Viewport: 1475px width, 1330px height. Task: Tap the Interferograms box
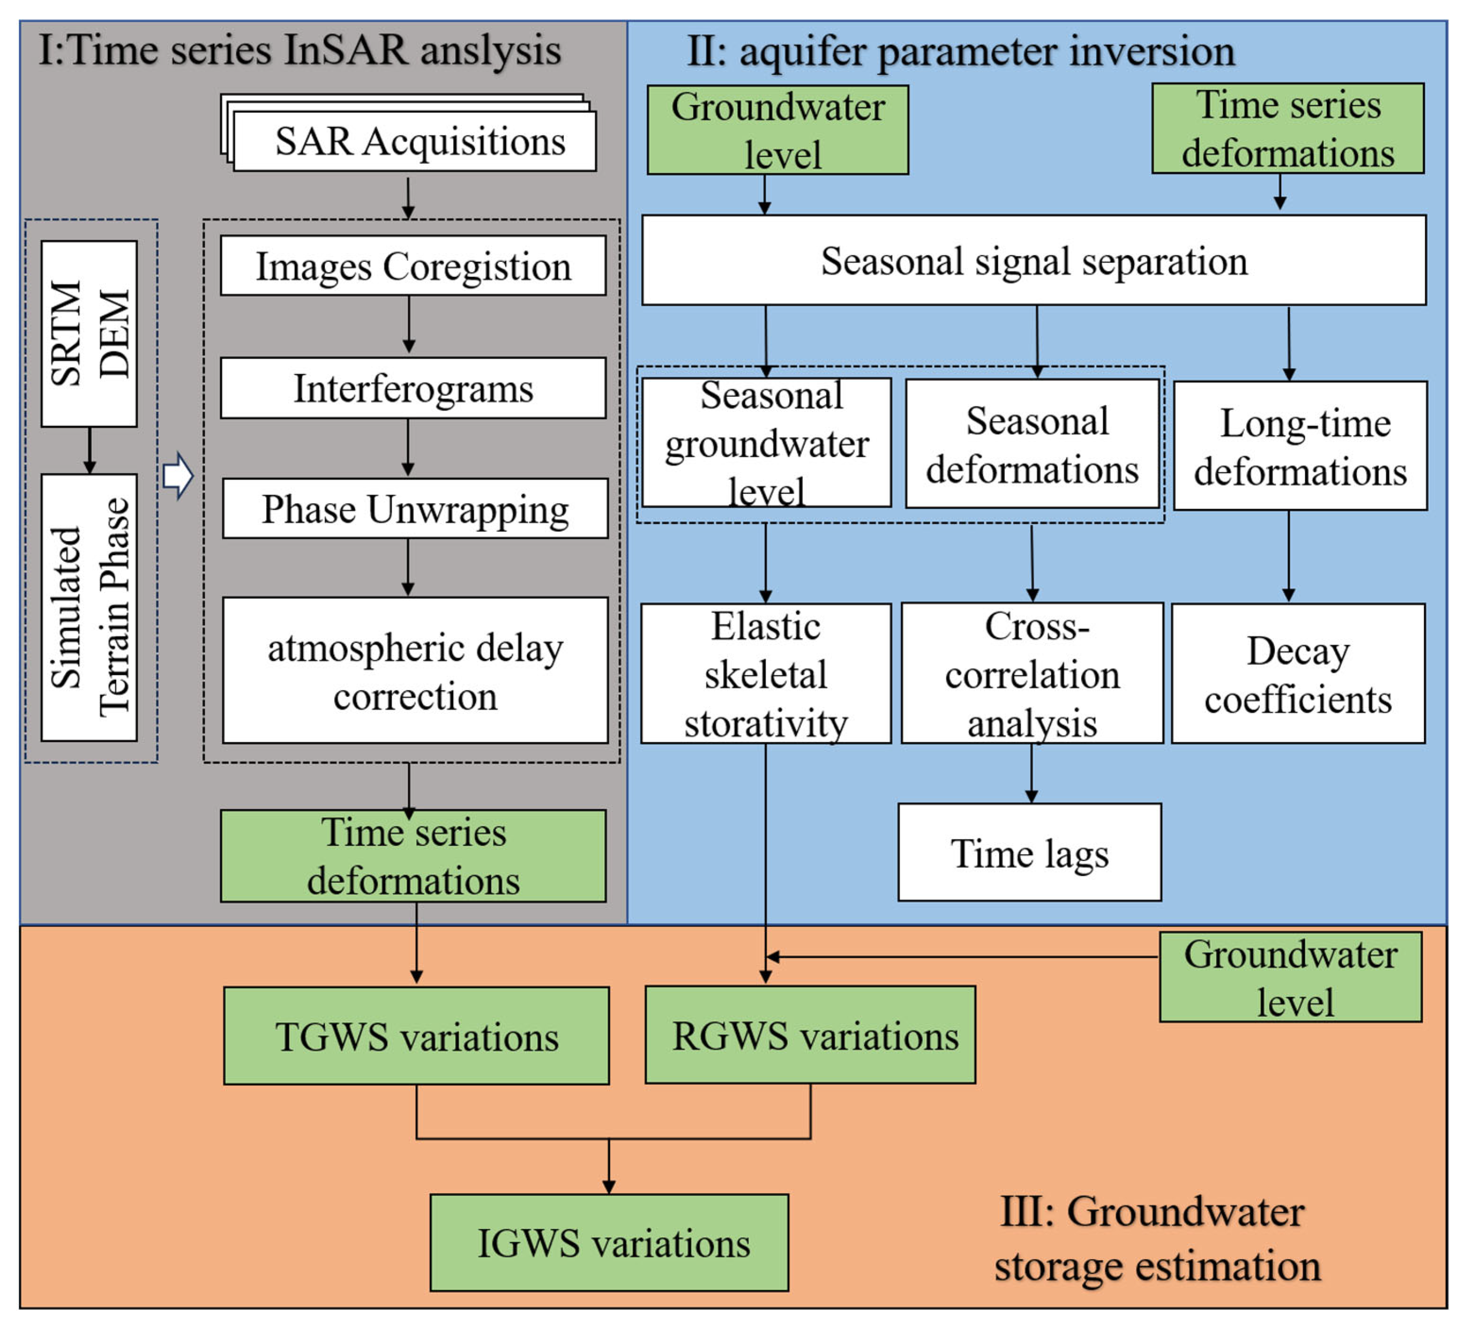point(413,388)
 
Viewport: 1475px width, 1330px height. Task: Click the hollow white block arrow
point(177,477)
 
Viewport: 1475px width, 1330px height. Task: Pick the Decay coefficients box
point(1298,674)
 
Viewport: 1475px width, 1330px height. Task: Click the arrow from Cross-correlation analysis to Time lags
point(1031,773)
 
